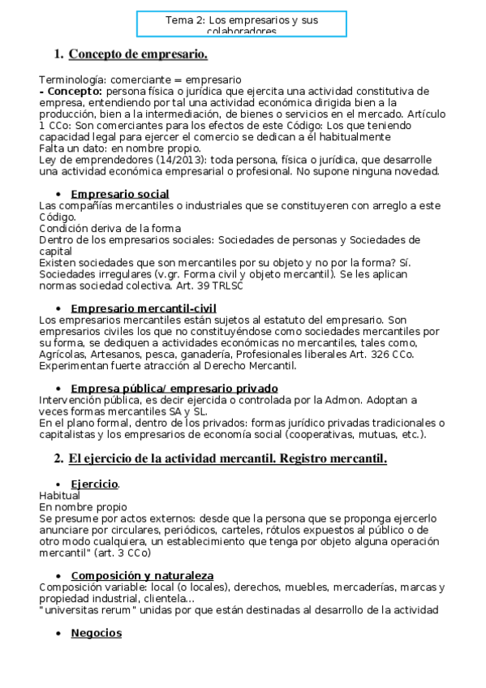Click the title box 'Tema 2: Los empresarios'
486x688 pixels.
pyautogui.click(x=242, y=24)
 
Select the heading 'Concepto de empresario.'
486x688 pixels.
pyautogui.click(x=138, y=54)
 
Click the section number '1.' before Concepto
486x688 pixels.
pyautogui.click(x=58, y=54)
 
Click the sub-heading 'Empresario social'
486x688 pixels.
pyautogui.click(x=120, y=194)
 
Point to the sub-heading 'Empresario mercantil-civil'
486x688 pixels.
pyautogui.click(x=144, y=308)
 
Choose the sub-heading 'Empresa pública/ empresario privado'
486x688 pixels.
pyautogui.click(x=174, y=389)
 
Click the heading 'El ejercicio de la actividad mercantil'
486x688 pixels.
pyautogui.click(x=227, y=458)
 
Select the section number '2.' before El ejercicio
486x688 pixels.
pyautogui.click(x=58, y=458)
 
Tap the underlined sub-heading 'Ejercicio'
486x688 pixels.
pyautogui.click(x=95, y=484)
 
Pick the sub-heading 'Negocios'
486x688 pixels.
pyautogui.click(x=96, y=633)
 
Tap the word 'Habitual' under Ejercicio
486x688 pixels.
pyautogui.click(x=59, y=496)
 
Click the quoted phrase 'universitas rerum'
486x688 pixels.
pyautogui.click(x=84, y=610)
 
